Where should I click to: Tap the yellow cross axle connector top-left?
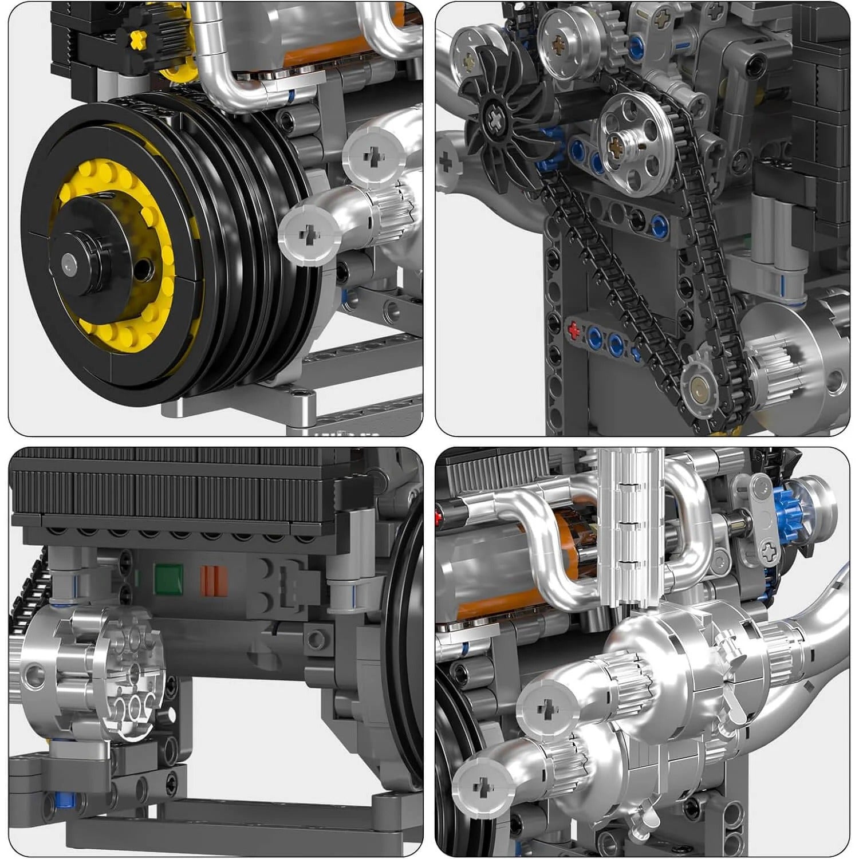click(x=138, y=39)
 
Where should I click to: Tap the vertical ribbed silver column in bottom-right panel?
click(x=629, y=527)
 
